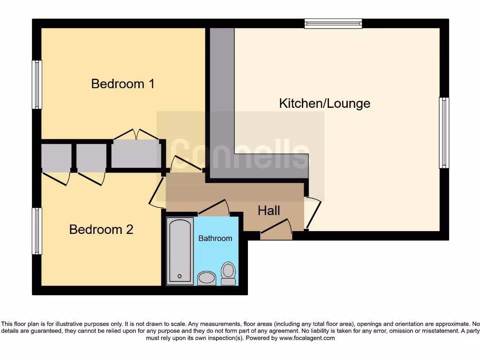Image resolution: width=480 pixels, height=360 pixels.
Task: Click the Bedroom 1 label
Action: (x=123, y=84)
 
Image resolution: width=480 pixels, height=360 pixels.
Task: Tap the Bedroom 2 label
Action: (x=101, y=230)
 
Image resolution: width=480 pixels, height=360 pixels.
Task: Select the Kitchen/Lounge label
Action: (x=324, y=104)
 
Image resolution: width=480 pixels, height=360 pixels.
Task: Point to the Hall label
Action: (x=269, y=211)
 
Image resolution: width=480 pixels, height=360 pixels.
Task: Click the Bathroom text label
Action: (x=215, y=239)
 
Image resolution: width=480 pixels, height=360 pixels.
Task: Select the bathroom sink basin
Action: (x=206, y=278)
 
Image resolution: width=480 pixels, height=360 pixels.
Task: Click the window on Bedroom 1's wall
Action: (x=37, y=85)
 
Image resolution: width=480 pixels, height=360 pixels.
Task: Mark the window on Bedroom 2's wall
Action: (x=37, y=231)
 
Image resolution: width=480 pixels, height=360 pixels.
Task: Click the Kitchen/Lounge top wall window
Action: (x=333, y=23)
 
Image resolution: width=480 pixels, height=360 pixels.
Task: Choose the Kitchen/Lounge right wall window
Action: (x=443, y=133)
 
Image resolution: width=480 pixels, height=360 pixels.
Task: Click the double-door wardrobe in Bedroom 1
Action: (x=136, y=154)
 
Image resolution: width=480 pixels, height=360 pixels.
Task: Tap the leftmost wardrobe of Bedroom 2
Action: (x=56, y=157)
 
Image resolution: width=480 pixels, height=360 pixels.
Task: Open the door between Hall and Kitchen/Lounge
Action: (x=313, y=213)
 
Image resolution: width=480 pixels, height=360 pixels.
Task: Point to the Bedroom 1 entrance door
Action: (x=186, y=164)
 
